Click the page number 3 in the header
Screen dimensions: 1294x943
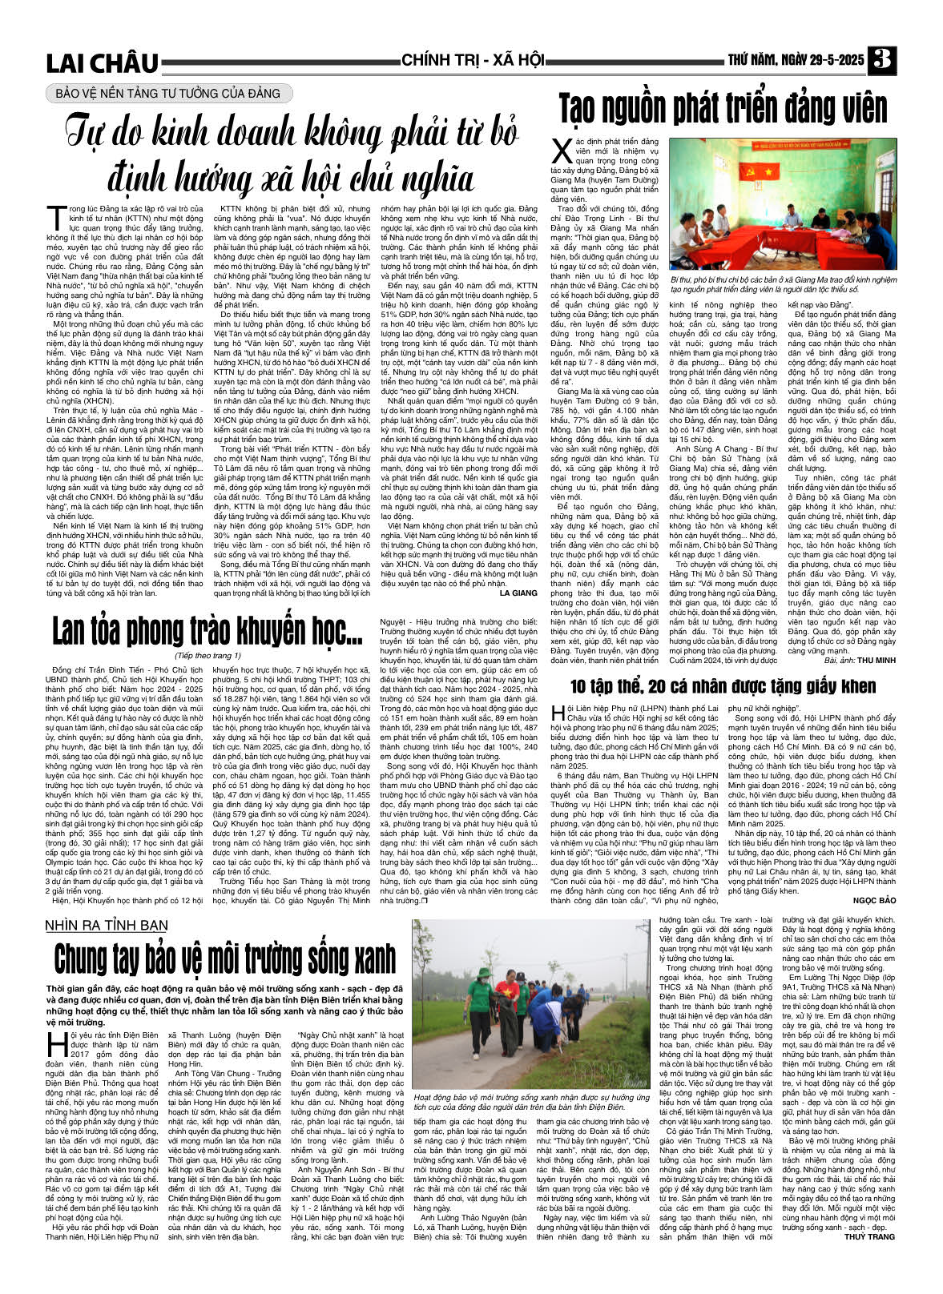(883, 60)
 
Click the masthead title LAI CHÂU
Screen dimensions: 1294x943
(102, 62)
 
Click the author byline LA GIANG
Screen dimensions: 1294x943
(518, 593)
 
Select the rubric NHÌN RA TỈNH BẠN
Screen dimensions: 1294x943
(107, 926)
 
